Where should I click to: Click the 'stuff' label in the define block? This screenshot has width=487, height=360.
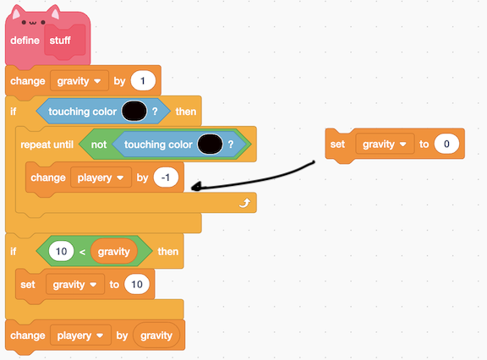point(60,41)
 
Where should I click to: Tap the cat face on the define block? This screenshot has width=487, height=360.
point(34,22)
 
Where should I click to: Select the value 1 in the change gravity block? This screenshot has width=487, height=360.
point(143,81)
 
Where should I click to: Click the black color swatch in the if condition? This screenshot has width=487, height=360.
point(134,111)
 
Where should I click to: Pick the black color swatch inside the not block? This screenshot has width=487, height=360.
point(210,145)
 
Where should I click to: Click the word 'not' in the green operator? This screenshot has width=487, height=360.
point(99,145)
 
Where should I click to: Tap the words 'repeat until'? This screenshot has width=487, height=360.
point(47,145)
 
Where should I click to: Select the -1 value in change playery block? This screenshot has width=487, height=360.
point(166,177)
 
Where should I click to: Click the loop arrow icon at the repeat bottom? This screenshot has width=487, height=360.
point(244,204)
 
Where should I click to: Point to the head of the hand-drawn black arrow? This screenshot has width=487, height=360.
point(192,187)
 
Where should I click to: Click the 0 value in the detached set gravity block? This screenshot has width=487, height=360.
point(446,144)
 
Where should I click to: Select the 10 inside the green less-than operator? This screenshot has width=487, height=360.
point(61,251)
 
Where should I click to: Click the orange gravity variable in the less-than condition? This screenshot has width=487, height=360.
point(113,251)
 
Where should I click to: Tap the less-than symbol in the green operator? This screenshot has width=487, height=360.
point(82,252)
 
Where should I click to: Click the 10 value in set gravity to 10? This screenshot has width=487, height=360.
point(137,284)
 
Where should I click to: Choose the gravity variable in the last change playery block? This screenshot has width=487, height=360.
point(156,335)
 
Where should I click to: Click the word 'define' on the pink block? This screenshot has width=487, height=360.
point(25,41)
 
